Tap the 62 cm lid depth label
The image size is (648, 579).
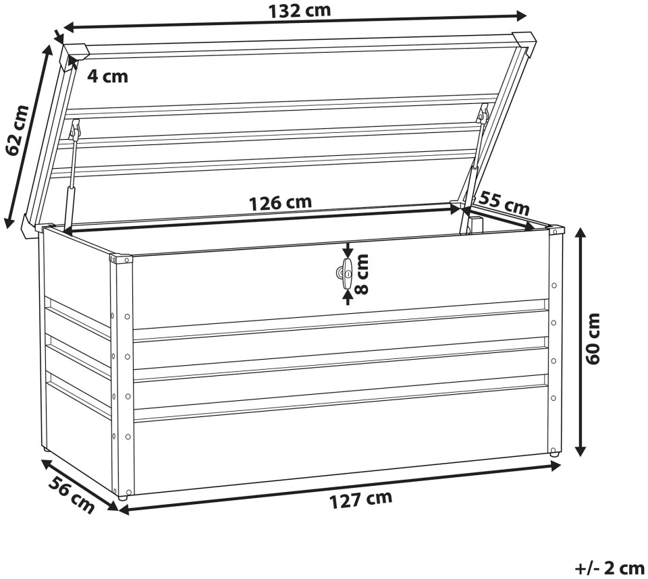pyautogui.click(x=18, y=131)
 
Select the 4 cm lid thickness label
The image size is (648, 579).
pyautogui.click(x=107, y=76)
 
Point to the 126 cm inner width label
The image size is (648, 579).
pyautogui.click(x=281, y=203)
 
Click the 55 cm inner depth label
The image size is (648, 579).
pyautogui.click(x=504, y=202)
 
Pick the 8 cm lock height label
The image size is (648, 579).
pyautogui.click(x=362, y=273)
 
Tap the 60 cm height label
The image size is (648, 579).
pyautogui.click(x=593, y=339)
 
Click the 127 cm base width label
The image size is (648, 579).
pyautogui.click(x=360, y=499)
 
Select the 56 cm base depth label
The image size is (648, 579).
pyautogui.click(x=71, y=494)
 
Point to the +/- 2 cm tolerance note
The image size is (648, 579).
pyautogui.click(x=610, y=569)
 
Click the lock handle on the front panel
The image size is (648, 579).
pyautogui.click(x=345, y=274)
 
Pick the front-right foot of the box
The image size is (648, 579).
pyautogui.click(x=553, y=453)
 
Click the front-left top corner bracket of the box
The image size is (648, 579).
pyautogui.click(x=121, y=259)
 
